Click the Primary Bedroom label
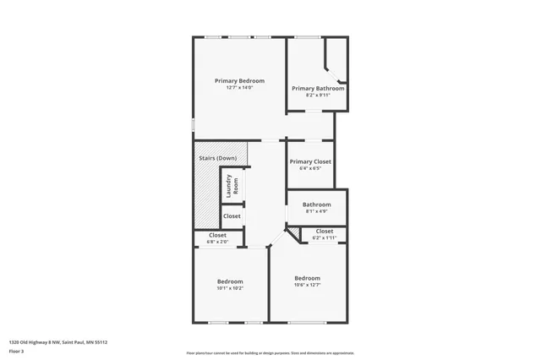tap(239, 80)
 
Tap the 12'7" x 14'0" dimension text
tap(239, 88)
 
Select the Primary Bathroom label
tap(318, 88)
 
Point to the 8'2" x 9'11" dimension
tap(318, 95)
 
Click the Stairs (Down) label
tap(217, 158)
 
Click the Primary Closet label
tap(310, 161)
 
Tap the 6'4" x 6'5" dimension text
tap(310, 168)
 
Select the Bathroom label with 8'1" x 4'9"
tap(317, 205)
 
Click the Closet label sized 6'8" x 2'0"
tap(217, 235)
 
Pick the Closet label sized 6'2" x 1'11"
tap(325, 231)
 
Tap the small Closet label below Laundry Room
tap(232, 216)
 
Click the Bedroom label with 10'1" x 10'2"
tap(230, 281)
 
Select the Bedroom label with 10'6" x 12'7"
tap(307, 278)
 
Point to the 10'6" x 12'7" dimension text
tap(307, 285)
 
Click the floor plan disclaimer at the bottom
tap(270, 353)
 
